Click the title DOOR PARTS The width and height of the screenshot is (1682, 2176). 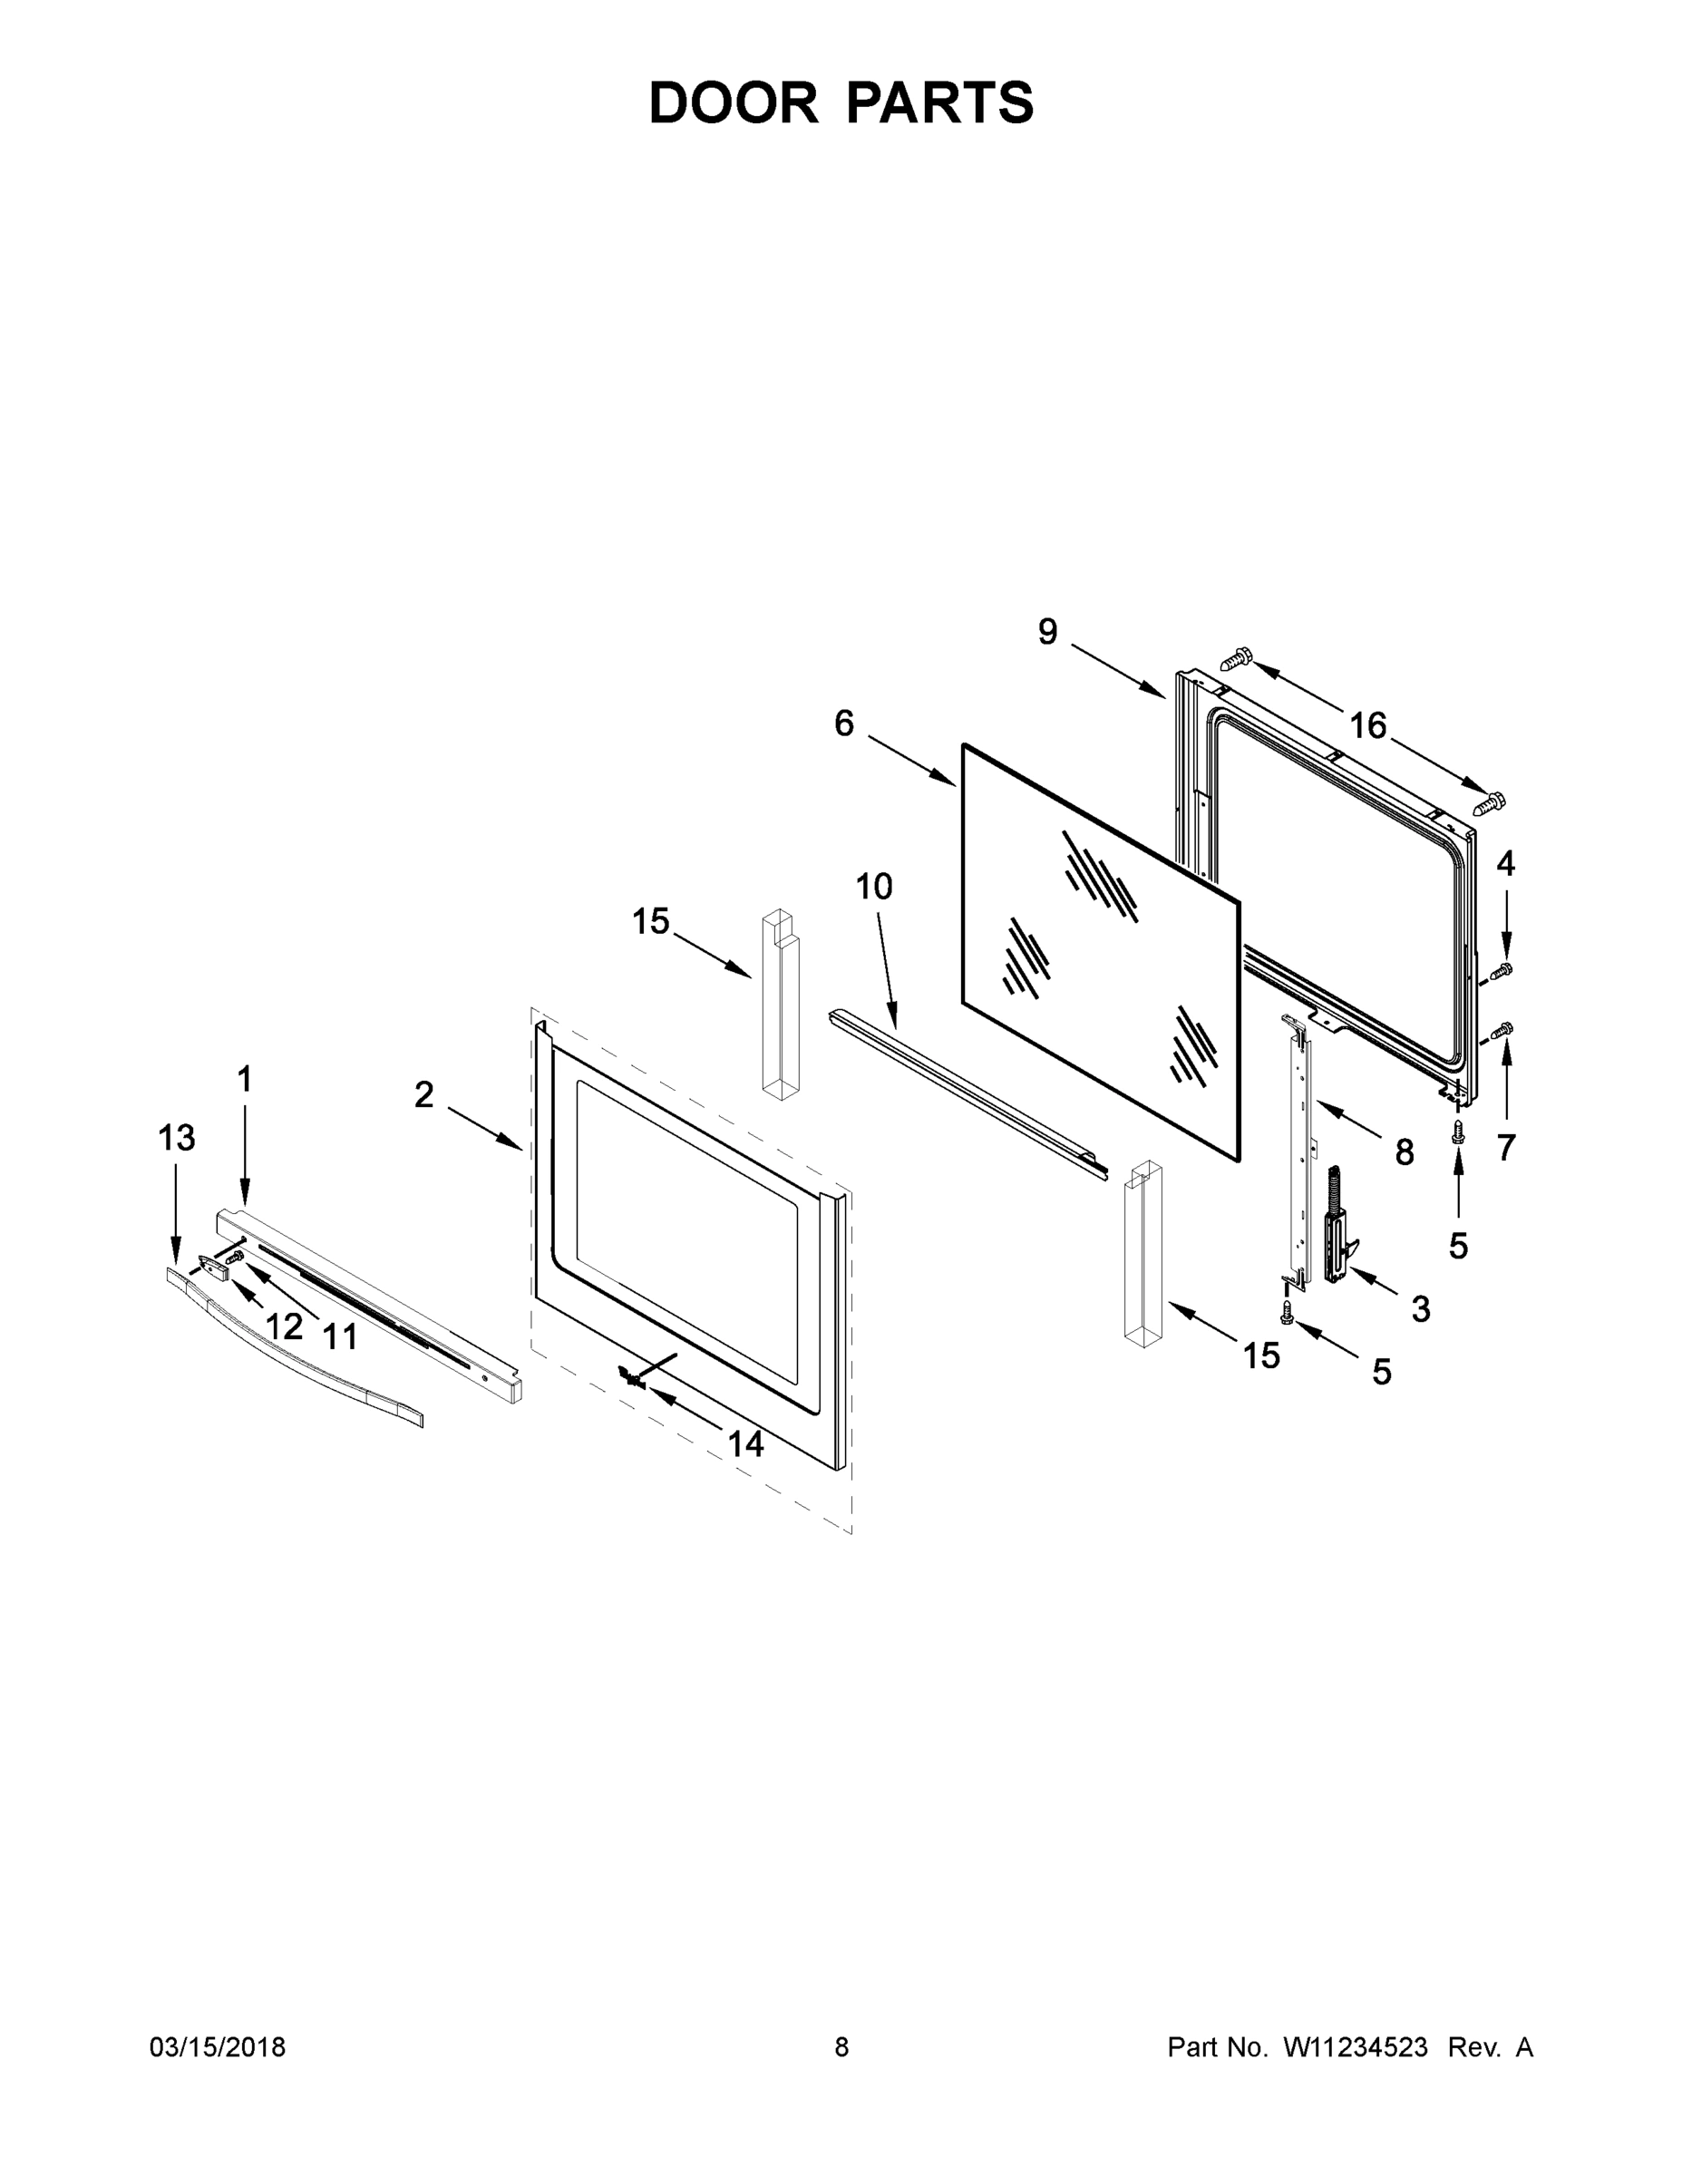point(841,102)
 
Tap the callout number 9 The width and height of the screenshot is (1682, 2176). point(1047,632)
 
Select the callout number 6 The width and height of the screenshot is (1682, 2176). point(844,724)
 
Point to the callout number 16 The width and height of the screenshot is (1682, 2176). point(1368,726)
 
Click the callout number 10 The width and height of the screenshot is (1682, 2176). point(874,887)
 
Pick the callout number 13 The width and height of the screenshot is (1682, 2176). point(177,1138)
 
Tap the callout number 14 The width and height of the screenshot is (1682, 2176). point(745,1443)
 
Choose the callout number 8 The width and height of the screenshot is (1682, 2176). point(1404,1152)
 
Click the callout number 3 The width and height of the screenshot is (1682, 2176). point(1421,1309)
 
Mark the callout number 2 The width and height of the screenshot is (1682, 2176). point(424,1095)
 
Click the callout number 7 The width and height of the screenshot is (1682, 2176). point(1505,1149)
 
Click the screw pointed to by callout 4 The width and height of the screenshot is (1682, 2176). point(1500,970)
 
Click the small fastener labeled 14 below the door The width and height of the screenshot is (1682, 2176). point(628,1378)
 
